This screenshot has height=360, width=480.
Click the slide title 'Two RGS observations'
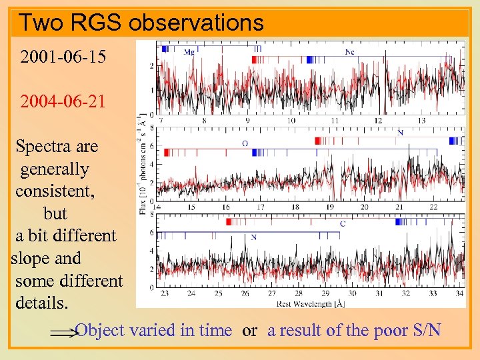click(x=141, y=23)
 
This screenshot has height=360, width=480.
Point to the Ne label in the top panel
click(x=349, y=52)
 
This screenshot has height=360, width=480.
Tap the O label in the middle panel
click(x=245, y=143)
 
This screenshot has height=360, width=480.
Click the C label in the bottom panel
click(x=343, y=223)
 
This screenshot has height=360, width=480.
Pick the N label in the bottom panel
click(x=254, y=237)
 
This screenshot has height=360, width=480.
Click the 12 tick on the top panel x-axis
click(x=378, y=121)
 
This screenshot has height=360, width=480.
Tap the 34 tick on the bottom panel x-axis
click(x=459, y=293)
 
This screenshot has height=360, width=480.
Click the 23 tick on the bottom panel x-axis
click(x=165, y=293)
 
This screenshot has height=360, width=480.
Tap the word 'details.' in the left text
click(x=42, y=303)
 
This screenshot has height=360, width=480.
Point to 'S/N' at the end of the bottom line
click(x=425, y=330)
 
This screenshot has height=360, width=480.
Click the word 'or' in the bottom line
click(x=250, y=330)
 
